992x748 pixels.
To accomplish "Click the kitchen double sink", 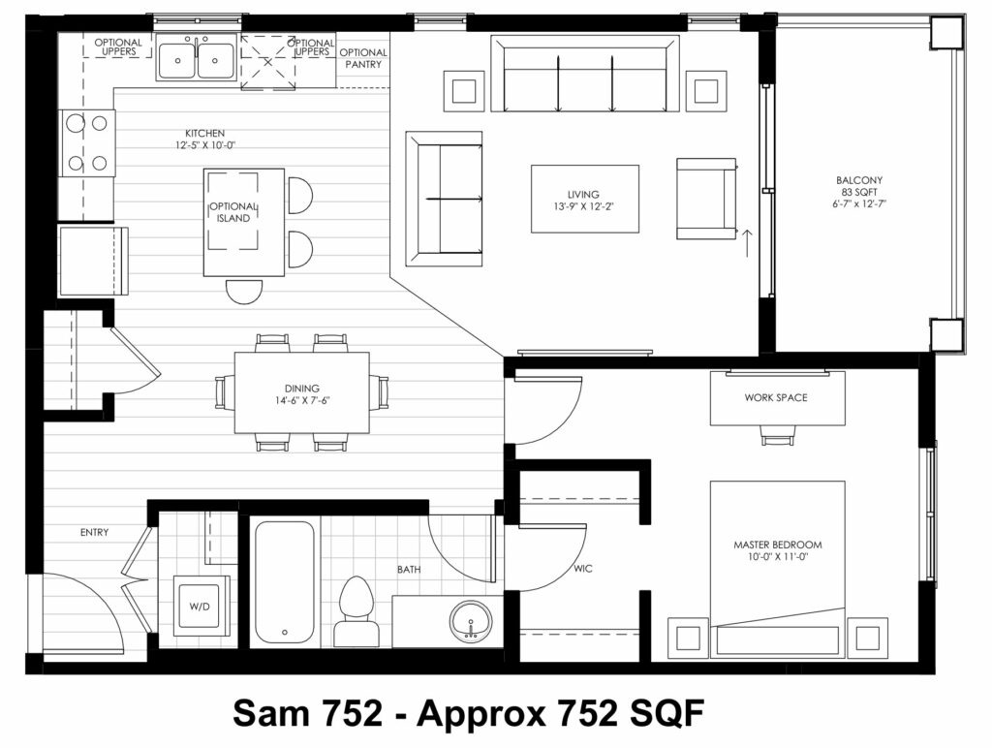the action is pyautogui.click(x=196, y=57).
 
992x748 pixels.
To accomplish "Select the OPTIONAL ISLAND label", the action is pyautogui.click(x=233, y=212).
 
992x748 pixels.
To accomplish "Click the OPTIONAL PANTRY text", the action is pyautogui.click(x=363, y=58).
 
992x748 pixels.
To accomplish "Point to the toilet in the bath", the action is pyautogui.click(x=355, y=611).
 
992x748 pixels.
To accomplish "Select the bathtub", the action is pyautogui.click(x=285, y=582).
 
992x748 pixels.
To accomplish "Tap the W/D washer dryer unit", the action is pyautogui.click(x=200, y=607).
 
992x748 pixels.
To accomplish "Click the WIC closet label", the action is pyautogui.click(x=582, y=569).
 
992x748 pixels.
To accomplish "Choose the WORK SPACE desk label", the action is pyautogui.click(x=776, y=397).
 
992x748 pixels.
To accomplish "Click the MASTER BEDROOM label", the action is pyautogui.click(x=778, y=545).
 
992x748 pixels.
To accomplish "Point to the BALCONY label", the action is pyautogui.click(x=858, y=180).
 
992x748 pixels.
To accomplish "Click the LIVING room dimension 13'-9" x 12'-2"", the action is pyautogui.click(x=583, y=206).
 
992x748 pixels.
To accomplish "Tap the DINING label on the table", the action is pyautogui.click(x=302, y=388).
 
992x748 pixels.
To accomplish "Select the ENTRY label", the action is pyautogui.click(x=94, y=532).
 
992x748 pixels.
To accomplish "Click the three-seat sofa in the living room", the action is pyautogui.click(x=584, y=74).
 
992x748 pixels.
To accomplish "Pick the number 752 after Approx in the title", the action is pyautogui.click(x=588, y=713).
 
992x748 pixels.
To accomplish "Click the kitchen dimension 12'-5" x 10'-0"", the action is pyautogui.click(x=205, y=145).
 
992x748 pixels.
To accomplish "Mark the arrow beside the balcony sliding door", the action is pyautogui.click(x=747, y=243).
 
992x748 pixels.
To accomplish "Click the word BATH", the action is pyautogui.click(x=409, y=569).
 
